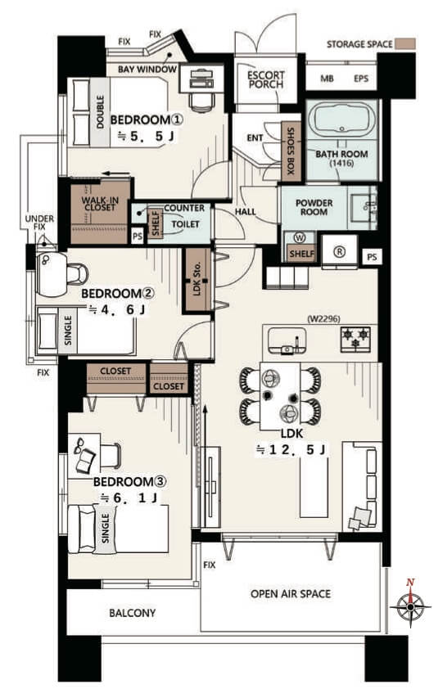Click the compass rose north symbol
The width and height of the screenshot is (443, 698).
(410, 605)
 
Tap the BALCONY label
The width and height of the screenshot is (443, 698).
(133, 613)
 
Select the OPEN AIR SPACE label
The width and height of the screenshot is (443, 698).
(291, 594)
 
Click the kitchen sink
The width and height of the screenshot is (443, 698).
(287, 341)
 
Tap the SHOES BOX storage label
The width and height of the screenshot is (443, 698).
(291, 151)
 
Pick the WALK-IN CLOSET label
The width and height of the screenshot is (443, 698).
(100, 204)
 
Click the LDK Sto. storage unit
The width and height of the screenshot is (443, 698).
(198, 280)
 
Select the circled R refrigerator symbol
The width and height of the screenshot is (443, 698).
(340, 252)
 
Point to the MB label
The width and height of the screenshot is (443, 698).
(327, 79)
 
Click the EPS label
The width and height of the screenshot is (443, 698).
(361, 79)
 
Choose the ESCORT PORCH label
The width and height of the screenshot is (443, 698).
(265, 79)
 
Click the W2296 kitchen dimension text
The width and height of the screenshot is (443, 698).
(323, 319)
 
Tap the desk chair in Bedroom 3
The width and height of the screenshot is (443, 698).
(111, 456)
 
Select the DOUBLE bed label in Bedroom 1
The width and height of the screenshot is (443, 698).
(100, 112)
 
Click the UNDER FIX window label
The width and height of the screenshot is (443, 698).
(39, 223)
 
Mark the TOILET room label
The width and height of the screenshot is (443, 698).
(185, 224)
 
